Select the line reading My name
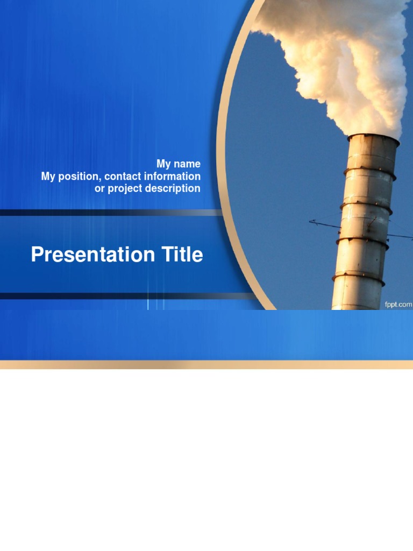[x=179, y=164]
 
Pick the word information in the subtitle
[x=172, y=176]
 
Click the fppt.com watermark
[x=398, y=305]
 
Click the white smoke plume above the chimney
[x=344, y=59]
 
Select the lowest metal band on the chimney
[x=358, y=278]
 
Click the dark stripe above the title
[x=108, y=213]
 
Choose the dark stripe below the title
[x=108, y=296]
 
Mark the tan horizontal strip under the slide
[x=206, y=365]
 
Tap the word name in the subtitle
[x=188, y=164]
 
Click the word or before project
[x=99, y=189]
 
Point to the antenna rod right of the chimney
[x=401, y=236]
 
